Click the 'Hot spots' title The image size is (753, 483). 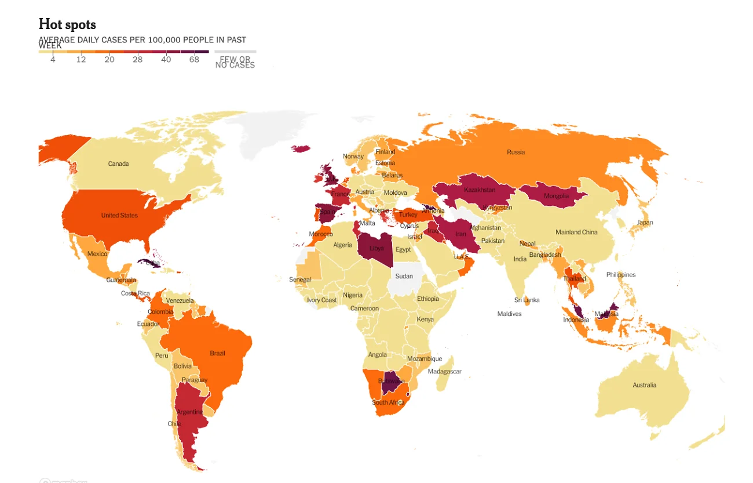(67, 24)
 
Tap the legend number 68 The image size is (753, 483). (194, 60)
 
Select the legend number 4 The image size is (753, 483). (53, 60)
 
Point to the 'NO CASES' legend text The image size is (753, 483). (235, 65)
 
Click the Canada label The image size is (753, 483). (118, 164)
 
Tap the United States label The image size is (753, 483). (119, 215)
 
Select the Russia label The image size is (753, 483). (516, 152)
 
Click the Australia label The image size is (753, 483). (644, 385)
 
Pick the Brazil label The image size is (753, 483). (217, 353)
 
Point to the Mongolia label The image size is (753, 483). (557, 196)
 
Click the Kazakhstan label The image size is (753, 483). (480, 190)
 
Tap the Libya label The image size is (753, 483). (376, 248)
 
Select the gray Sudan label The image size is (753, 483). (404, 276)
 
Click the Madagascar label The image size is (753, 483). (444, 372)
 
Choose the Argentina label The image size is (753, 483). (189, 412)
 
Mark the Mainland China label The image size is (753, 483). (576, 232)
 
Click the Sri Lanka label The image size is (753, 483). (527, 300)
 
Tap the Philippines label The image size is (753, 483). (621, 275)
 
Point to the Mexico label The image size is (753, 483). (97, 254)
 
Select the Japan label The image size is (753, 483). (645, 222)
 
